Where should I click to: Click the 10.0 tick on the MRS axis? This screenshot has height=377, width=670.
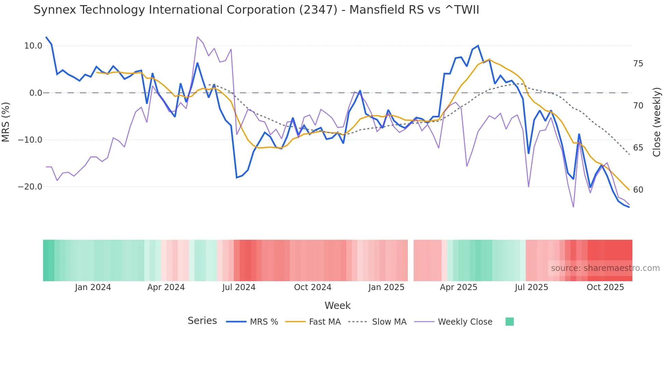pos(33,46)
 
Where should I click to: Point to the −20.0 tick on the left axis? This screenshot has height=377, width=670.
pos(30,187)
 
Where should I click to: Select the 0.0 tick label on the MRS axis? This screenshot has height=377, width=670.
pos(36,93)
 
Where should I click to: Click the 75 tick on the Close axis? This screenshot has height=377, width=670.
pos(638,64)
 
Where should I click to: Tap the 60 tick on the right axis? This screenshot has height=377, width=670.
pos(638,190)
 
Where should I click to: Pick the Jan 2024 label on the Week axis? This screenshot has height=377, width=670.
pos(93,287)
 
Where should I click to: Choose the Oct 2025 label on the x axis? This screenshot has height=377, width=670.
pos(605,287)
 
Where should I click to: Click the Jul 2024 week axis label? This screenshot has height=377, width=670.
pos(239,287)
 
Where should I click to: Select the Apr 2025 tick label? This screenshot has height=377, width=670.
pos(458,287)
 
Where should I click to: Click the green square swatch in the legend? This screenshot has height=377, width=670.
pos(509,322)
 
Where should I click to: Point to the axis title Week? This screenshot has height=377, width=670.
pos(337,305)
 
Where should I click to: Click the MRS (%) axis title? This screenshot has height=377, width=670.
pos(6,122)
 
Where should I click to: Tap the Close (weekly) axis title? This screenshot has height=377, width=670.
pos(656,122)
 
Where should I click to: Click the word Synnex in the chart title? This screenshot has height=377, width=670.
pos(55,10)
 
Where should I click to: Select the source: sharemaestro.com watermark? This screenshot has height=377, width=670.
pos(605,268)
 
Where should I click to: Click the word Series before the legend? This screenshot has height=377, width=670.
pos(202,321)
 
